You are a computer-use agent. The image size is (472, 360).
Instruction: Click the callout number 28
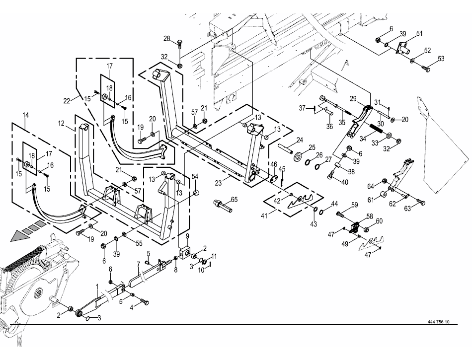[167, 39]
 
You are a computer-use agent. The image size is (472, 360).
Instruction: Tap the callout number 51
[419, 33]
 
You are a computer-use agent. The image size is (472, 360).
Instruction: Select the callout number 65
[234, 200]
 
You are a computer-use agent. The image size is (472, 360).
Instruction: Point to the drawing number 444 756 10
[438, 321]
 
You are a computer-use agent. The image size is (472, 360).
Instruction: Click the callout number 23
[219, 183]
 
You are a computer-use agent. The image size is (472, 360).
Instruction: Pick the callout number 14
[25, 115]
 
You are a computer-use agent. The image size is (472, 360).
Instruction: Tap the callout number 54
[195, 177]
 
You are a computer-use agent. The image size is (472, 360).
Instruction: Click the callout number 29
[353, 99]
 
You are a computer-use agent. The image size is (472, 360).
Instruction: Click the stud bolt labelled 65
[223, 205]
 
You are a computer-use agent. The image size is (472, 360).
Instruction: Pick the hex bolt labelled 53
[426, 69]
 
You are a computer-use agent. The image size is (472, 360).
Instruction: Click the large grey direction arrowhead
[20, 235]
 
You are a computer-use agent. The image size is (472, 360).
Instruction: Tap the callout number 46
[274, 164]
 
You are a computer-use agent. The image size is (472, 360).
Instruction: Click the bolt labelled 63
[420, 202]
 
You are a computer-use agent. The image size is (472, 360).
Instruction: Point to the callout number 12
[61, 124]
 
